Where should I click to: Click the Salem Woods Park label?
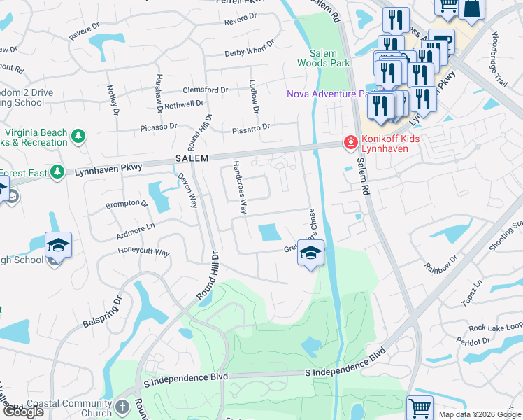329,58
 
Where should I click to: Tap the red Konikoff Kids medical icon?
348,143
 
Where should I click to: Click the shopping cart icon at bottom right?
420,408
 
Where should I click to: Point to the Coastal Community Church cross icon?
122,408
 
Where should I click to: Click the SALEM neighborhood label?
192,159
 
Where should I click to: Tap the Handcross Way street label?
240,187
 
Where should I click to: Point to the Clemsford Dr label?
206,90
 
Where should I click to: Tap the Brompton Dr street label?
127,204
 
